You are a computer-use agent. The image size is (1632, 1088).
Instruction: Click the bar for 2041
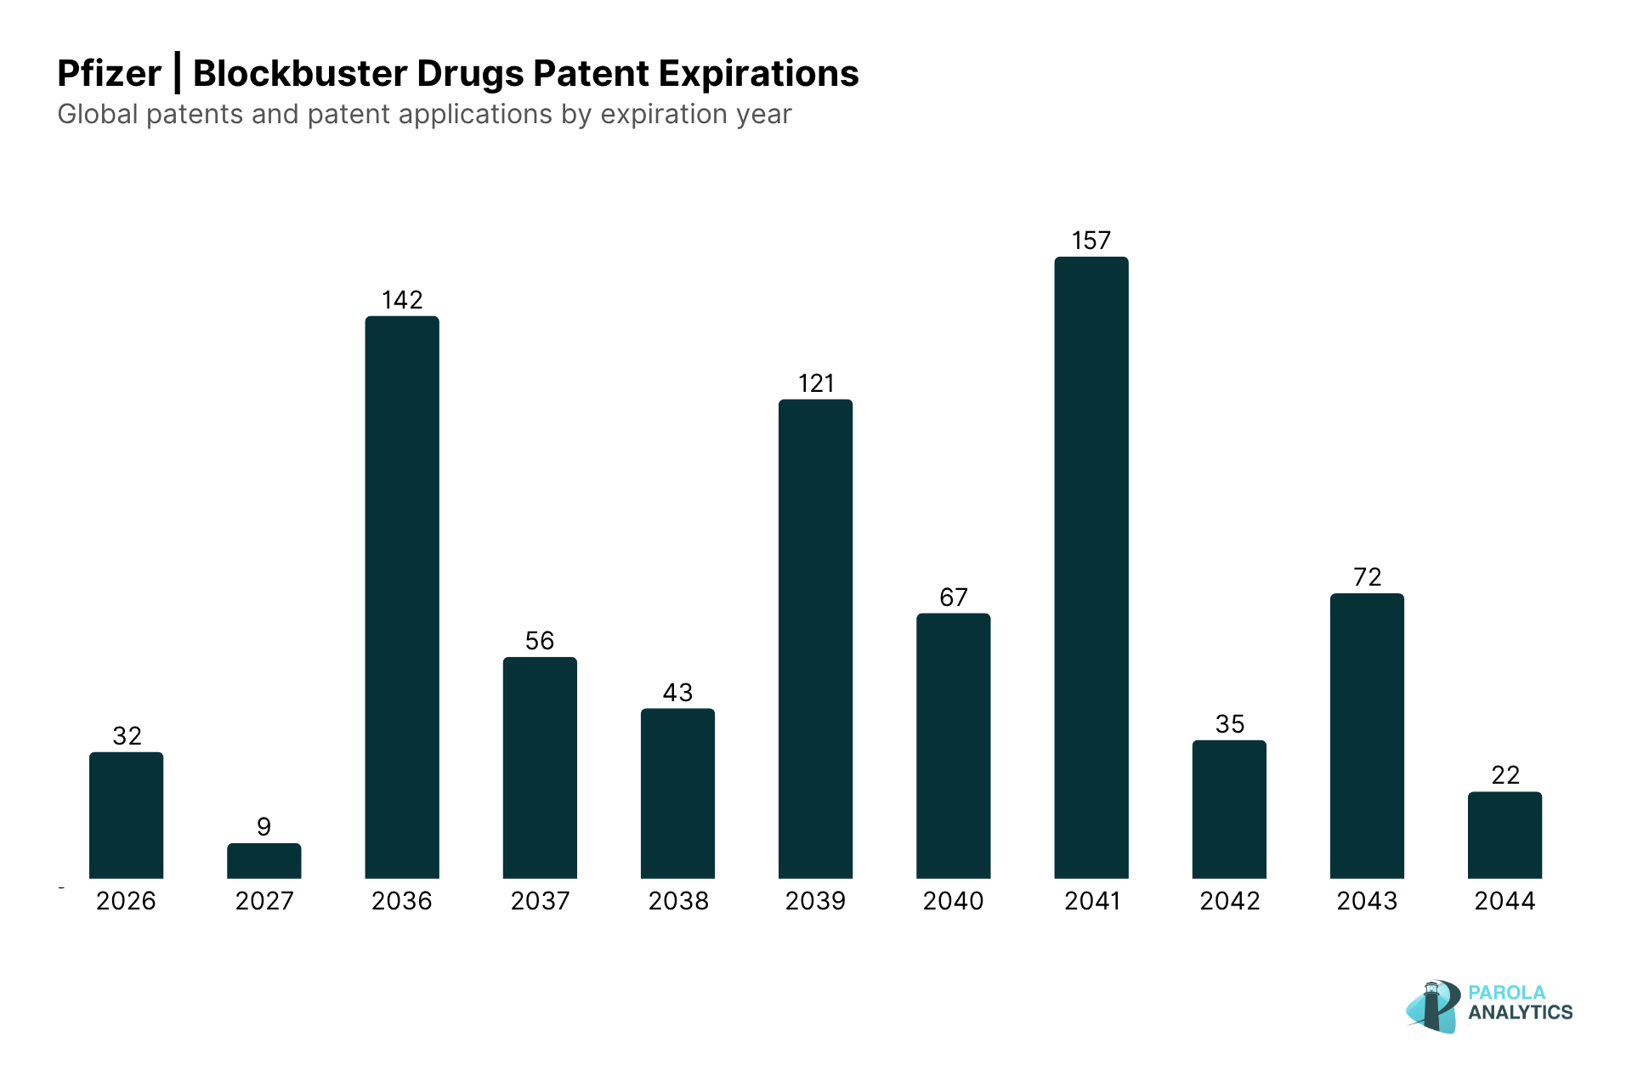(x=1091, y=567)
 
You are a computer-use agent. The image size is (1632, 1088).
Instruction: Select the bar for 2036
(x=402, y=597)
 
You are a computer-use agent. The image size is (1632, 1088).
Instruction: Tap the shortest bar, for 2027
(x=264, y=860)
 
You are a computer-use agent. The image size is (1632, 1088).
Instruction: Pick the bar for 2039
(x=816, y=638)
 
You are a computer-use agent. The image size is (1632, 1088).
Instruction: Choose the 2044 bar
(x=1505, y=835)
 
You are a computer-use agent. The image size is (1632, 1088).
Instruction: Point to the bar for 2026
(x=127, y=815)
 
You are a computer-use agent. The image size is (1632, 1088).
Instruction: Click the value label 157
(x=1091, y=241)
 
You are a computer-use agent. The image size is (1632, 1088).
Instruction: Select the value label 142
(x=402, y=300)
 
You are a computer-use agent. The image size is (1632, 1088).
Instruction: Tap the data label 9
(x=264, y=827)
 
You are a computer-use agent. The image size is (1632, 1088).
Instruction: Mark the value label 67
(x=954, y=598)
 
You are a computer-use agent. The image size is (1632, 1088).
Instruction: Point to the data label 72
(x=1368, y=577)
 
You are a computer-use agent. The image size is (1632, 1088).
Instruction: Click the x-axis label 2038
(x=678, y=901)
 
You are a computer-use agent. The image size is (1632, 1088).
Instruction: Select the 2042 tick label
(x=1230, y=901)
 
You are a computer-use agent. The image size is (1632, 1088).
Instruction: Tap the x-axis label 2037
(x=540, y=901)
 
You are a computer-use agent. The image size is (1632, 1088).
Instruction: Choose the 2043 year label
(x=1368, y=901)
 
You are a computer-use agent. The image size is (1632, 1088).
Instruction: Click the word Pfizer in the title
(x=109, y=74)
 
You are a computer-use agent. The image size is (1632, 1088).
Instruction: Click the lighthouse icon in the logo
(x=1433, y=1006)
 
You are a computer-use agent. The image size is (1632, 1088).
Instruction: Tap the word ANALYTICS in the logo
(x=1521, y=1012)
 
